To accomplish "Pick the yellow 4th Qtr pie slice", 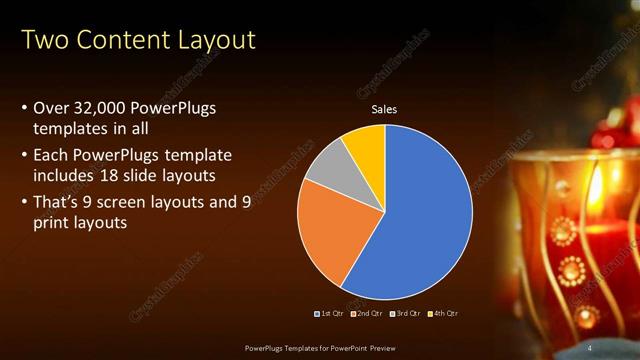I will [x=364, y=145].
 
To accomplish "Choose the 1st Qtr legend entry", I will [x=330, y=314].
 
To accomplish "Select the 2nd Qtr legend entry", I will [x=366, y=314].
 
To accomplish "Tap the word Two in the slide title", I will [x=43, y=41].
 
